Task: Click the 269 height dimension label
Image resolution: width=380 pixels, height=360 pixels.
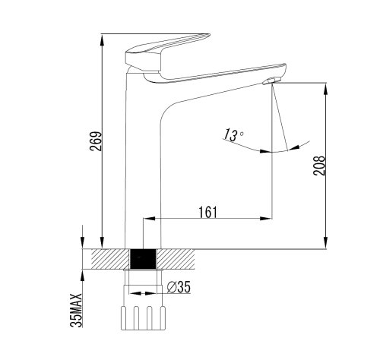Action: pyautogui.click(x=96, y=141)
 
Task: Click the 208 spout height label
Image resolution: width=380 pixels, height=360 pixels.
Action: pyautogui.click(x=318, y=166)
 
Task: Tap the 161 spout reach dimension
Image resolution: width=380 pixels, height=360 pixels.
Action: pyautogui.click(x=207, y=212)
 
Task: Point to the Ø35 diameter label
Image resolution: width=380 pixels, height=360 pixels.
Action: pyautogui.click(x=179, y=287)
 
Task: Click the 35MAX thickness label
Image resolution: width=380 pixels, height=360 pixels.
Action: pyautogui.click(x=76, y=311)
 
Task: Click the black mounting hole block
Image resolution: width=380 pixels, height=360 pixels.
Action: pyautogui.click(x=143, y=259)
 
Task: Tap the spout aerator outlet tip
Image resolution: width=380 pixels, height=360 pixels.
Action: pyautogui.click(x=271, y=81)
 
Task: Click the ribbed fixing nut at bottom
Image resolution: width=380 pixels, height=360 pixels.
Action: pyautogui.click(x=144, y=317)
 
